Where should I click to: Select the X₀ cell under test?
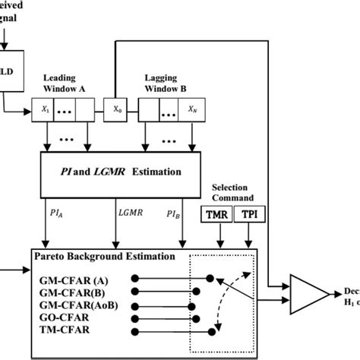coord(117,108)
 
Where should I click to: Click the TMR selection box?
coord(219,215)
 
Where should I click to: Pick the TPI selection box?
coord(249,215)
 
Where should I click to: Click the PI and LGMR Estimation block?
coord(122,172)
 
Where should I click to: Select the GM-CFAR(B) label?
coord(68,291)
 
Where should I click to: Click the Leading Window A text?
coord(65,83)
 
